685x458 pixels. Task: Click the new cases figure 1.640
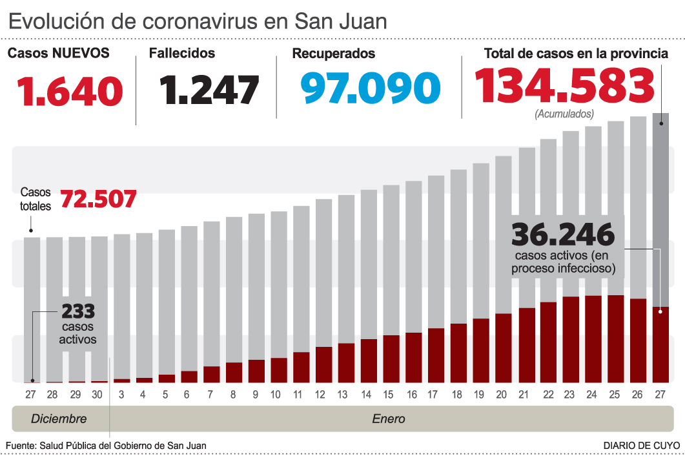tap(70, 91)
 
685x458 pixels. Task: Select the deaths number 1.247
tap(211, 90)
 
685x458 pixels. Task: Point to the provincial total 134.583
tap(564, 87)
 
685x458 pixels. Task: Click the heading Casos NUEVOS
tap(58, 54)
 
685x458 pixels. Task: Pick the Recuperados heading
tap(333, 54)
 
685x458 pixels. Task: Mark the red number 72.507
tap(98, 199)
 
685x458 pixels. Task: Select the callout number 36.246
tap(562, 235)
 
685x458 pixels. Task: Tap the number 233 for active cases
tap(78, 311)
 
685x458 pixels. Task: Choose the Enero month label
tap(389, 419)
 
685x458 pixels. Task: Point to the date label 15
tap(388, 395)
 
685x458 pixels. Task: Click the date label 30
tap(97, 395)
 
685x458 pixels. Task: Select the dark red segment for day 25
tap(615, 338)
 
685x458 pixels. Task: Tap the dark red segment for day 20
tap(503, 348)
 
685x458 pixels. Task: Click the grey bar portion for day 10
tap(279, 284)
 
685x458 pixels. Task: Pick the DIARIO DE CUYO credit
tap(642, 446)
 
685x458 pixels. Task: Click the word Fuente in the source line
tap(21, 446)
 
